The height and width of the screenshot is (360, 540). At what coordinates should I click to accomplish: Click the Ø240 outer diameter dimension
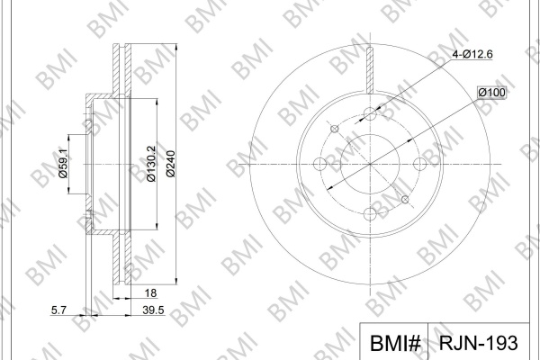pos(170,164)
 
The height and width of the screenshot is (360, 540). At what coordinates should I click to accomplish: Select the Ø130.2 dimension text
pos(151,164)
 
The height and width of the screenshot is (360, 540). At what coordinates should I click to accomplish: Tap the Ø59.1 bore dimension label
pos(63,164)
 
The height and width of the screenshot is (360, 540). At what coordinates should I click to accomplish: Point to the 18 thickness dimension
pos(150,293)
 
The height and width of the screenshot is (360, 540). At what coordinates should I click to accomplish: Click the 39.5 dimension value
pos(153,310)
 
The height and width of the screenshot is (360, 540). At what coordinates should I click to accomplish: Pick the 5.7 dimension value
pos(58,310)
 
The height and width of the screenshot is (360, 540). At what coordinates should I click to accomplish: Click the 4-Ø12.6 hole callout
pos(472,54)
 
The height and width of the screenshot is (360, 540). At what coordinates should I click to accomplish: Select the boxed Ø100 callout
pos(491,93)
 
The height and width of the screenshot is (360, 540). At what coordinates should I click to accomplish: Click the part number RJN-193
pos(479,343)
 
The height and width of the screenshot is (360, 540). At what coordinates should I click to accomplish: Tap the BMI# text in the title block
pos(395,343)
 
